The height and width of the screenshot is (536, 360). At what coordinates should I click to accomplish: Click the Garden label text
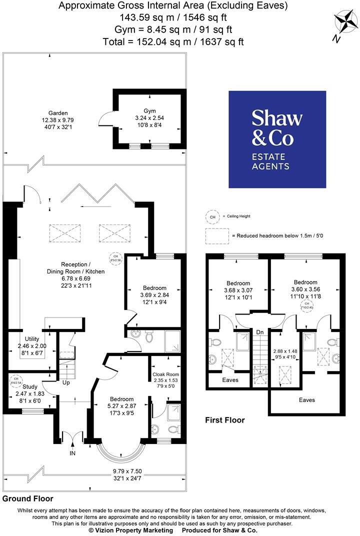tap(58, 113)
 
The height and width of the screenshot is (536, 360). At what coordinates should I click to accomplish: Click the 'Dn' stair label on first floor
tap(259, 331)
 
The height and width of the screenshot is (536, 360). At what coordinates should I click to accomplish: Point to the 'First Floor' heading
tap(225, 420)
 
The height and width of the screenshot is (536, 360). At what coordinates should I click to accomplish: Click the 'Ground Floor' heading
tap(27, 498)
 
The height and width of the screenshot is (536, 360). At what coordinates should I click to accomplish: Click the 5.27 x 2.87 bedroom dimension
tap(121, 406)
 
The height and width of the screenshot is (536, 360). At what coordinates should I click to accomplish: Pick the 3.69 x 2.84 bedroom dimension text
tap(154, 295)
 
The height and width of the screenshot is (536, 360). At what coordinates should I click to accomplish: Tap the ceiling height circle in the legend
tap(212, 216)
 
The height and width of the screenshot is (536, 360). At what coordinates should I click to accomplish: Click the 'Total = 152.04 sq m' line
tap(173, 41)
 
